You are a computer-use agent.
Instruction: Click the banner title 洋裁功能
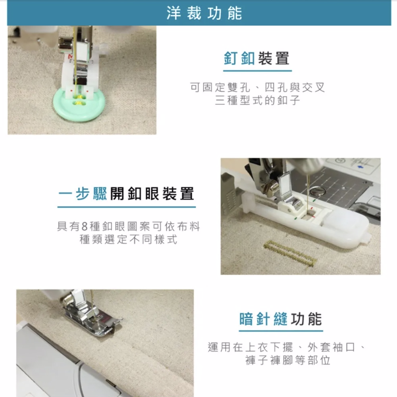[204, 13]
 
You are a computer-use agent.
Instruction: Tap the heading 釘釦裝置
[257, 58]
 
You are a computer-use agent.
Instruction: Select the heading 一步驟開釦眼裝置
[126, 194]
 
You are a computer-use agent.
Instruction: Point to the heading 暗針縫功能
[281, 319]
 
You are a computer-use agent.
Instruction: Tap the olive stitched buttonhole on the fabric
[291, 254]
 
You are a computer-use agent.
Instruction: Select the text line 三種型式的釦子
[258, 100]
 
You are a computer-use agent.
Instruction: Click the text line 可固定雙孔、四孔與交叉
[258, 87]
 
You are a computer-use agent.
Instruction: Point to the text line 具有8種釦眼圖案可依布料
[129, 226]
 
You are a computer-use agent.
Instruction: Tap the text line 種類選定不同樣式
[128, 239]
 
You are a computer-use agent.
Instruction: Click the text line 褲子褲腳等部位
[288, 360]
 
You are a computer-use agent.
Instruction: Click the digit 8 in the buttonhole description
[85, 226]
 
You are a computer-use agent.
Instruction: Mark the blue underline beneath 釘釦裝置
[258, 71]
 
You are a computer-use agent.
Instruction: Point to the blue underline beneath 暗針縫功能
[281, 331]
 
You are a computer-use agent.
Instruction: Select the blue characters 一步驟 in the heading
[83, 194]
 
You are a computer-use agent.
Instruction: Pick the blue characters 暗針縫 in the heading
[264, 319]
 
